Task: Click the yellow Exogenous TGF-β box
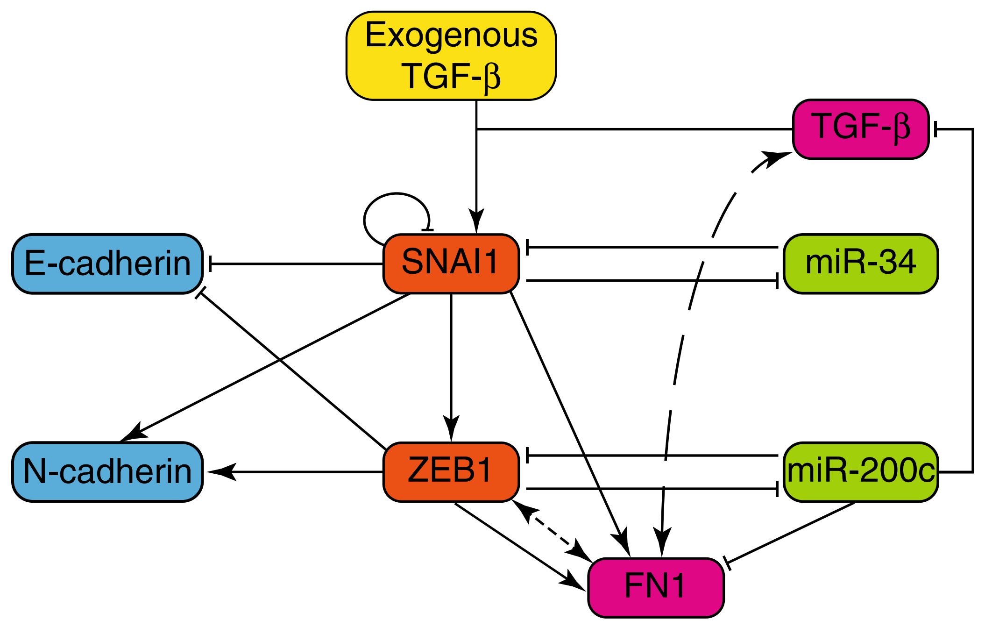(451, 56)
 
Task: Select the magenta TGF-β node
(860, 129)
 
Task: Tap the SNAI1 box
(451, 264)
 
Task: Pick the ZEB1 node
(451, 471)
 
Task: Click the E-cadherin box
(107, 264)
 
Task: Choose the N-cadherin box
(107, 471)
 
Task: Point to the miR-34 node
(860, 264)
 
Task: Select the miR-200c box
(860, 471)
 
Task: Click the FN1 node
(655, 587)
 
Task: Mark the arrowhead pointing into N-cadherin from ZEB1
(220, 472)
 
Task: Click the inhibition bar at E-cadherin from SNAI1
(211, 264)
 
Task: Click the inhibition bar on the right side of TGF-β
(935, 129)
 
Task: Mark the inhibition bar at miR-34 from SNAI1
(777, 281)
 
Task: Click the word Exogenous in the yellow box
(451, 35)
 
